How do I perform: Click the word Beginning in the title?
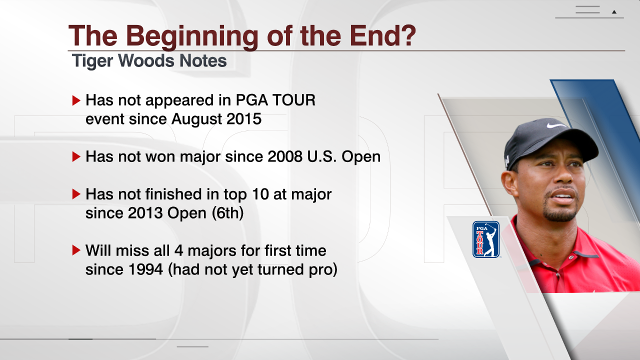click(x=192, y=37)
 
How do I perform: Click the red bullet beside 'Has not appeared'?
click(x=76, y=100)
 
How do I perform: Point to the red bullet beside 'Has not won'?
click(x=76, y=156)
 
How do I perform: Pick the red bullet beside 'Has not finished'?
click(x=76, y=194)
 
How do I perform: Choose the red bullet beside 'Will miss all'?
click(x=76, y=250)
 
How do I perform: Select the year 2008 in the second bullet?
click(x=285, y=156)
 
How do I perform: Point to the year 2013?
click(x=145, y=213)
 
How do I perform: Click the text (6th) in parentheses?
click(x=227, y=213)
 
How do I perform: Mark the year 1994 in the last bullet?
click(x=145, y=269)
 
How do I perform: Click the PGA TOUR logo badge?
click(x=485, y=239)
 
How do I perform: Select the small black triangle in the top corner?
click(x=614, y=12)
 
